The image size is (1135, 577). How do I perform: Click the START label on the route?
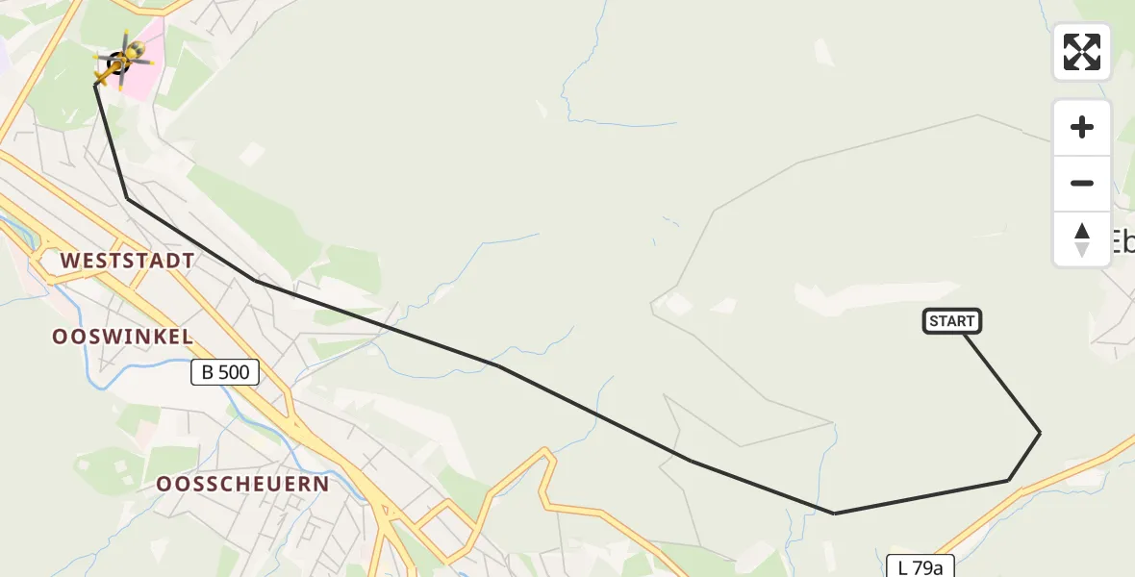point(952,321)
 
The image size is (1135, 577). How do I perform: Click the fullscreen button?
point(1082,52)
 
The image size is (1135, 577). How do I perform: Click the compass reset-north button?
point(1082,239)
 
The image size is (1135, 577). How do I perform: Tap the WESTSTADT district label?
point(127,261)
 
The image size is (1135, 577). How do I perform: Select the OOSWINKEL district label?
point(123,337)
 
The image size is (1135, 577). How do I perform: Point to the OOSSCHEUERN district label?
point(243,484)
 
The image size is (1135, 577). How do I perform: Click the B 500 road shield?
point(225,372)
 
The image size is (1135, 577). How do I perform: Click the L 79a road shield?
point(921,567)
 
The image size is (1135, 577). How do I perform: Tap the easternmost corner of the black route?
point(1040,433)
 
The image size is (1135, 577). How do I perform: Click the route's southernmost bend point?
point(834,514)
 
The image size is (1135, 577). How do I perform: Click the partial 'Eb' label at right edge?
point(1122,240)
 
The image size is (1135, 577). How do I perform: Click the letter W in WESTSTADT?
point(70,261)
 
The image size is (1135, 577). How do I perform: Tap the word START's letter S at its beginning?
point(934,321)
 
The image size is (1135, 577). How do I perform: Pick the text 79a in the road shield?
point(927,567)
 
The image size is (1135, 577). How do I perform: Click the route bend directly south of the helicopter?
point(127,198)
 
